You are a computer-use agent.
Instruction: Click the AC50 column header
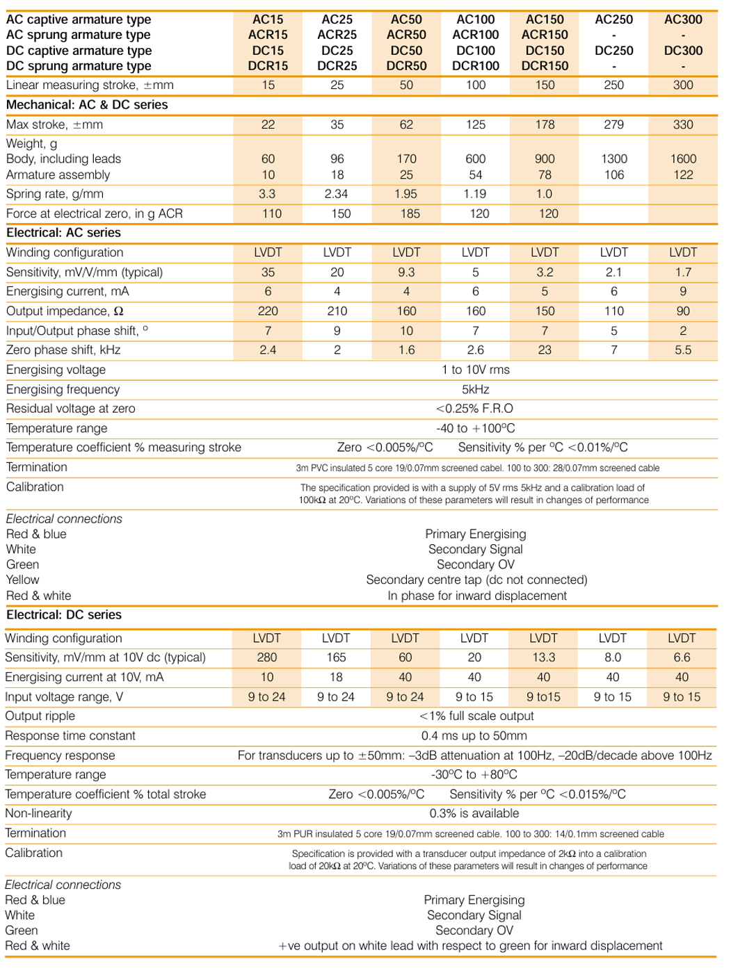pos(406,19)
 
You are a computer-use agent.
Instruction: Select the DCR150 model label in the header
pos(545,66)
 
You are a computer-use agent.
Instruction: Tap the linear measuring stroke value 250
pos(613,85)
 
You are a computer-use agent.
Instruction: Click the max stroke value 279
pos(613,124)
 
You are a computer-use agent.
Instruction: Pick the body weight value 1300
pos(613,159)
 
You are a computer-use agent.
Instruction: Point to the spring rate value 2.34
pos(337,194)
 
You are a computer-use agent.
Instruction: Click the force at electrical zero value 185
pos(410,213)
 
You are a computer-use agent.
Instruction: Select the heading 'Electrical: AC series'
pos(63,233)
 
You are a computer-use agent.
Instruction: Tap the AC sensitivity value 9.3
pos(406,272)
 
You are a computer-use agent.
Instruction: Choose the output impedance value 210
pos(337,311)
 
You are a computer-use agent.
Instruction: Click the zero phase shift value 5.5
pos(682,350)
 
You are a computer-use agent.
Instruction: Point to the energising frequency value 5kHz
pos(475,389)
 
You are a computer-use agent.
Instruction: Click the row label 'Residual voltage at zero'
pos(70,409)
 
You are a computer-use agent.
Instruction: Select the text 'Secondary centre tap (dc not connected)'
pos(476,580)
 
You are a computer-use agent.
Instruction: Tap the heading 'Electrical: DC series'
pos(63,615)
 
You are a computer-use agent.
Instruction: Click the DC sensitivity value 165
pos(336,657)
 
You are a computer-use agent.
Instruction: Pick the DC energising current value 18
pos(336,677)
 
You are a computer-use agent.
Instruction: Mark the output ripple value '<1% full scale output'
pos(476,716)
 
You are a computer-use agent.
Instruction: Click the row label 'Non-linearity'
pos(38,813)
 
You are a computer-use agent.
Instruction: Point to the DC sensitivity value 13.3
pos(543,657)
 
